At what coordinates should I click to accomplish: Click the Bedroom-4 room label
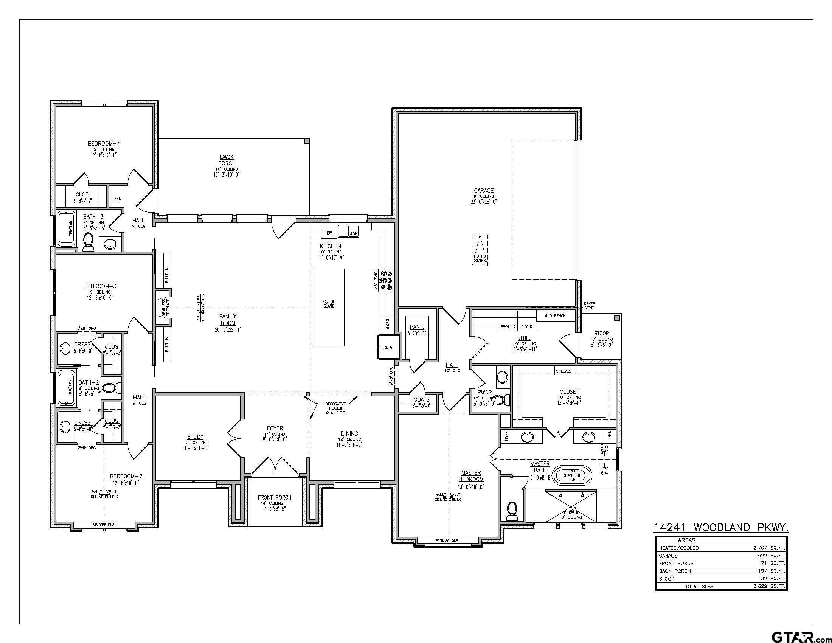tap(104, 144)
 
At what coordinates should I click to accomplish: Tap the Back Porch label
tap(227, 160)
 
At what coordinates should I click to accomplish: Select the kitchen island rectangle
tap(329, 308)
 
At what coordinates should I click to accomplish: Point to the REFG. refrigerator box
tap(388, 347)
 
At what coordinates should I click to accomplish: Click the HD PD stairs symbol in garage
tap(480, 250)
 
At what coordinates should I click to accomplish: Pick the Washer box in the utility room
tap(508, 326)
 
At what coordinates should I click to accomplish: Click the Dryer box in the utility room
tap(526, 326)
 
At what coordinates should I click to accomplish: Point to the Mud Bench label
tap(555, 316)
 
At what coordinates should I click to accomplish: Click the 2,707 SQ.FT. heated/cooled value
tap(769, 548)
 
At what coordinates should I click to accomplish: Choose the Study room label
tap(195, 436)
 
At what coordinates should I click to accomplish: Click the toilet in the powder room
tap(506, 400)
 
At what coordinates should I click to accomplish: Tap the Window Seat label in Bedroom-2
tap(104, 525)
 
